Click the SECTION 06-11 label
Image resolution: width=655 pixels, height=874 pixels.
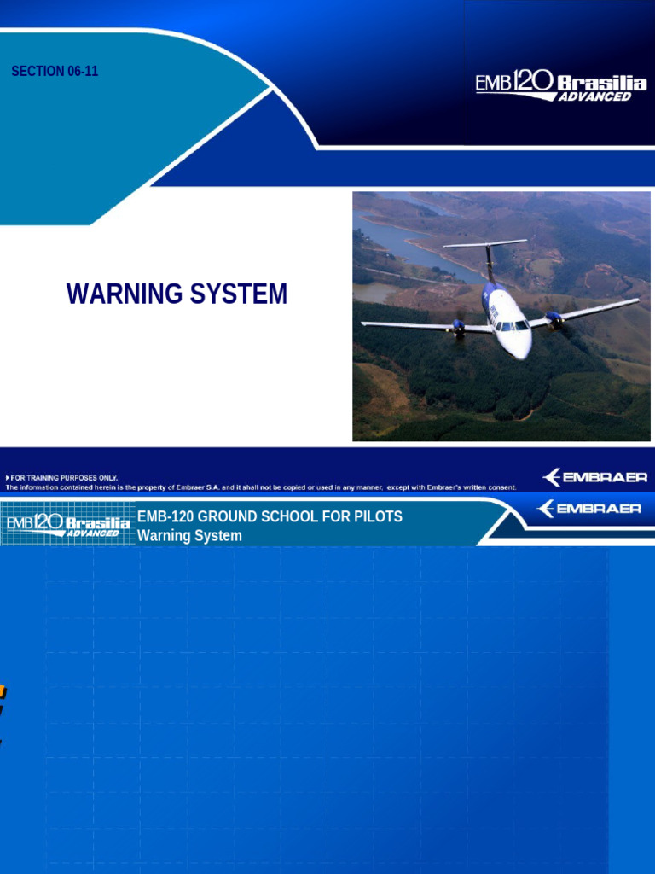(x=55, y=72)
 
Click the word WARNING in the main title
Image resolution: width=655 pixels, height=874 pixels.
(x=124, y=294)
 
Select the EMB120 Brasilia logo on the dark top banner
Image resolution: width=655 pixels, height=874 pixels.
(x=560, y=87)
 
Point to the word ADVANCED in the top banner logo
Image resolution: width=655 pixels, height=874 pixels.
(x=594, y=97)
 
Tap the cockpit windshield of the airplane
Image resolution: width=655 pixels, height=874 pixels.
(x=511, y=325)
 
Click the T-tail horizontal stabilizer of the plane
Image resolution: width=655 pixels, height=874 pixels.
(x=485, y=244)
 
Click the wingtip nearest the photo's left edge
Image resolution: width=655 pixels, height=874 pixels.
(x=365, y=323)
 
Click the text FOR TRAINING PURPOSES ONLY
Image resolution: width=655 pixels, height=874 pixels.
(x=65, y=478)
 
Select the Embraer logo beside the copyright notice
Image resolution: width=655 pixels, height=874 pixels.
(x=594, y=477)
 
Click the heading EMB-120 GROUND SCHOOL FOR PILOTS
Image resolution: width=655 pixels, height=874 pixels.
(x=270, y=517)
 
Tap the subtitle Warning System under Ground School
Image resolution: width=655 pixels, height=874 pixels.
(x=189, y=536)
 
